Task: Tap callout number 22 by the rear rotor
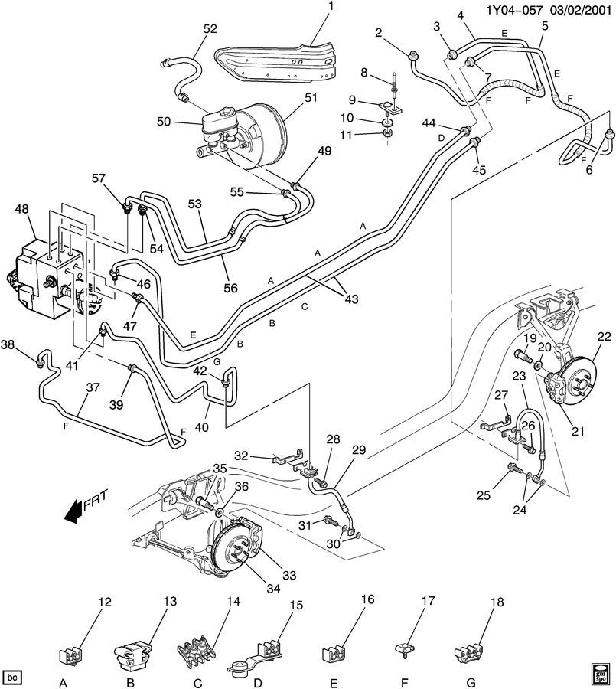click(605, 335)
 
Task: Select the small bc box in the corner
click(12, 677)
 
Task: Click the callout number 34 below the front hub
click(252, 589)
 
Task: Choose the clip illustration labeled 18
click(469, 653)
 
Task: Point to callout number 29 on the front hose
click(359, 451)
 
